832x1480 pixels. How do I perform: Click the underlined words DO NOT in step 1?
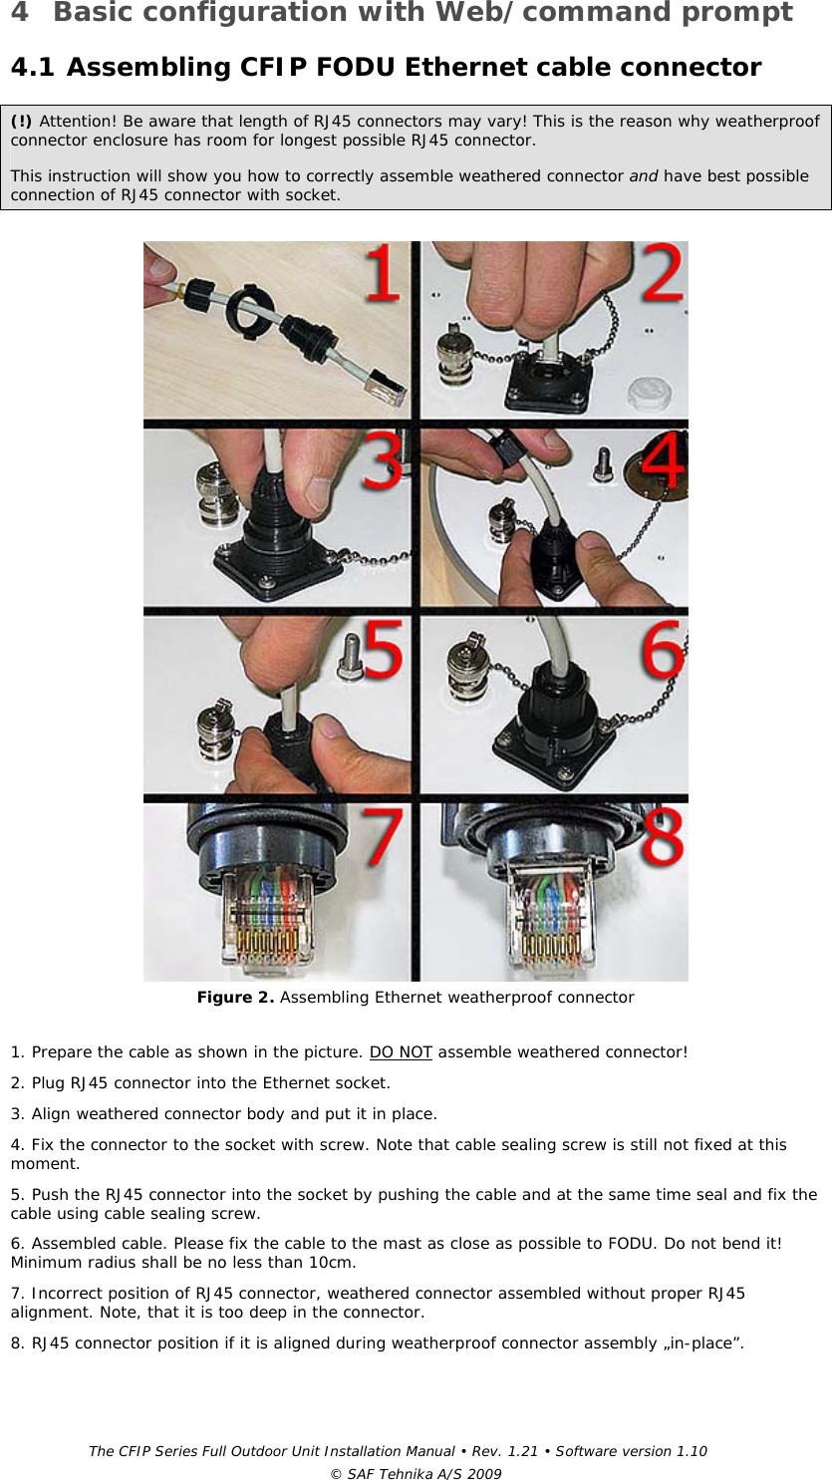pyautogui.click(x=401, y=1052)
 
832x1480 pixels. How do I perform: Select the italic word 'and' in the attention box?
pyautogui.click(x=643, y=176)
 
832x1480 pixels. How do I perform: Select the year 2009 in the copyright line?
pyautogui.click(x=485, y=1474)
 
